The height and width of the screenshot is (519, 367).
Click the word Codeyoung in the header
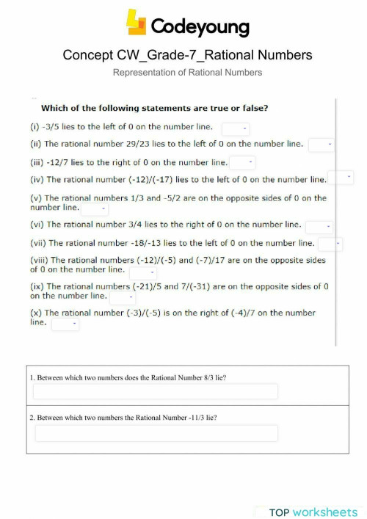pos(200,27)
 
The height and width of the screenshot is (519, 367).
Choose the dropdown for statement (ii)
pos(321,145)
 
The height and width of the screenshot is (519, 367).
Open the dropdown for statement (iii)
pos(242,162)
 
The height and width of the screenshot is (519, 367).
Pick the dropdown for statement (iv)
pos(341,178)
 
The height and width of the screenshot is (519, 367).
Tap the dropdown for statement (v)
pos(95,208)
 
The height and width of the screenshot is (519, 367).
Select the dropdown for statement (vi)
pos(319,227)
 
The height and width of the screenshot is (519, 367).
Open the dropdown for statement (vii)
pos(330,244)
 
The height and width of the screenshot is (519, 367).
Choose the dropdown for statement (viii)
pos(143,273)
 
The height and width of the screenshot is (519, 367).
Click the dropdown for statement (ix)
pos(123,298)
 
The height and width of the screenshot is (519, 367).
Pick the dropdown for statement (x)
pos(65,324)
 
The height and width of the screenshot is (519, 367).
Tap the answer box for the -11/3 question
pos(156,433)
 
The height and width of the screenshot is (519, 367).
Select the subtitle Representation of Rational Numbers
pos(187,73)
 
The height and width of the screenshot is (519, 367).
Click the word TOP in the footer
pos(280,512)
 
